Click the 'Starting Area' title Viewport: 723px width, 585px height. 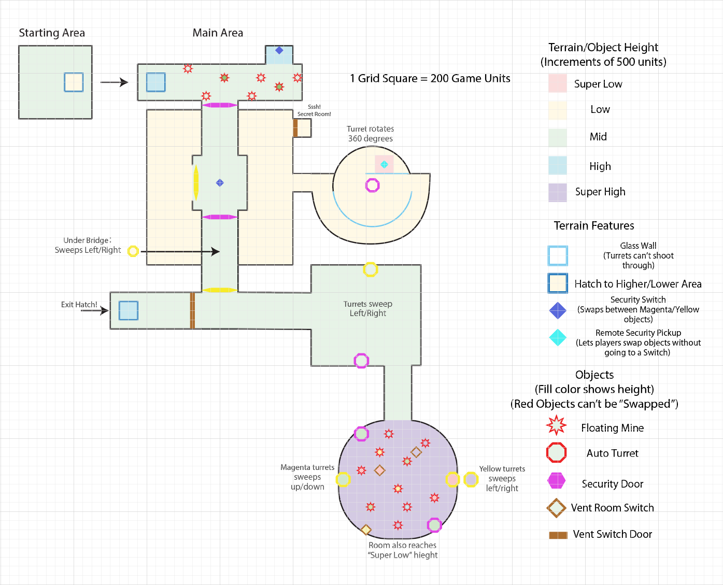(x=52, y=33)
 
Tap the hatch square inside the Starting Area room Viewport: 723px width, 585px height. (x=74, y=82)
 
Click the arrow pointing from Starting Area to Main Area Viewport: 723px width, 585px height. (x=114, y=82)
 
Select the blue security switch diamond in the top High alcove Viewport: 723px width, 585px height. (x=279, y=50)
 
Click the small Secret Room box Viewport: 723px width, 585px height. (x=304, y=128)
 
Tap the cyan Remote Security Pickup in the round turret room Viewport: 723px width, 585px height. (x=384, y=164)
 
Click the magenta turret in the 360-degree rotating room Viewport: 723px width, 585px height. (x=373, y=185)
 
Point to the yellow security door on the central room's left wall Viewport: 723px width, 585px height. (x=196, y=182)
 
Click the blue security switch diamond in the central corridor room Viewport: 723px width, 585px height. (x=220, y=182)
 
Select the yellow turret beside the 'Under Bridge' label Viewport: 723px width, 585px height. (x=133, y=251)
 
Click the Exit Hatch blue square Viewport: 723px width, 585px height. (x=129, y=311)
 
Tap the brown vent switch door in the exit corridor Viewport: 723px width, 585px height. (x=192, y=311)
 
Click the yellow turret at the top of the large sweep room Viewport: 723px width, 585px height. (x=370, y=269)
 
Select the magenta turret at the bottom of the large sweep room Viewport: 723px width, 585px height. (x=361, y=361)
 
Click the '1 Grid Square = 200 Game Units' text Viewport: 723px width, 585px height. (x=430, y=79)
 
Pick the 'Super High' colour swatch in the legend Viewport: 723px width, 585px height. (x=558, y=192)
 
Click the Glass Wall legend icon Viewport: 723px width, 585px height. (x=558, y=255)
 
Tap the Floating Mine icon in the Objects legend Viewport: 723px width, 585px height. (x=557, y=425)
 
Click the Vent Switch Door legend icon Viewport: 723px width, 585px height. (x=558, y=535)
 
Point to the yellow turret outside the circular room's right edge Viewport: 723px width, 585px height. (x=471, y=479)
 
